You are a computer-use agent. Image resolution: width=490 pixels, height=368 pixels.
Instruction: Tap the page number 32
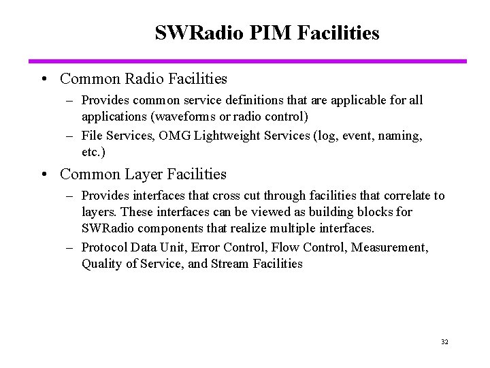click(444, 341)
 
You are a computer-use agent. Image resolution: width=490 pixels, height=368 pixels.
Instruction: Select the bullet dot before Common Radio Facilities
click(43, 79)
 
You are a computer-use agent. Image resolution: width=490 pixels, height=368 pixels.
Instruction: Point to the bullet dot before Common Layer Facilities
click(43, 174)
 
